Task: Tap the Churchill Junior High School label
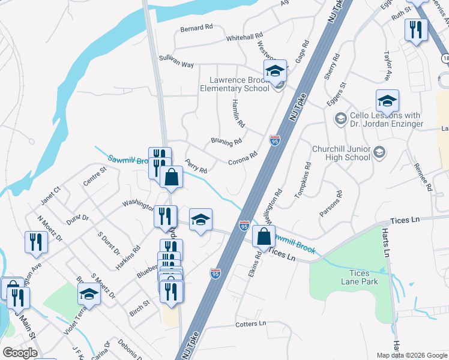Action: click(x=340, y=153)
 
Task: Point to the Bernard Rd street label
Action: click(x=196, y=28)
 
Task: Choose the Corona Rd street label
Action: click(x=243, y=158)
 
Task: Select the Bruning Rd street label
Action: click(x=226, y=142)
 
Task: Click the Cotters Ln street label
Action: click(x=252, y=324)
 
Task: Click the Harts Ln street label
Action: click(x=386, y=245)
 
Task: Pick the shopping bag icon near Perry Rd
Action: click(x=171, y=177)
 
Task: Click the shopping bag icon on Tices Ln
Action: click(x=264, y=236)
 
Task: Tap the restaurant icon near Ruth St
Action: click(x=415, y=29)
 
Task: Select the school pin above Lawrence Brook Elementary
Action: click(x=275, y=71)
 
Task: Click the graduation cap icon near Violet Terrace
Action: click(x=89, y=293)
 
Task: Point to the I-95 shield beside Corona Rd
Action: click(x=275, y=140)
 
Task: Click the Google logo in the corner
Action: click(x=20, y=353)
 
